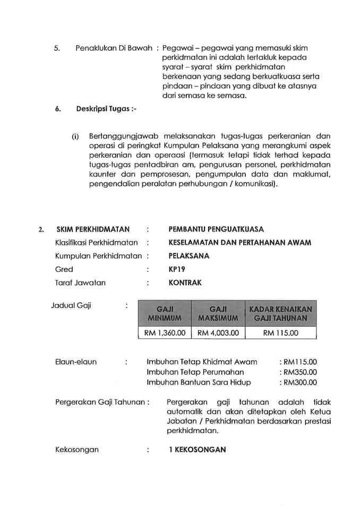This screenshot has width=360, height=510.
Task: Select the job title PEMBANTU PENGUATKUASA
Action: tap(216, 229)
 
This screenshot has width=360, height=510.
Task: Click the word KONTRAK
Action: tap(185, 283)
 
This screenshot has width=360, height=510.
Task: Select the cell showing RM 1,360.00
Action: tap(165, 333)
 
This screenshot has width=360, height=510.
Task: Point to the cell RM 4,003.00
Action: tap(218, 333)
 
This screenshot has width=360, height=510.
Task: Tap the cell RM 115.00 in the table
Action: tap(280, 333)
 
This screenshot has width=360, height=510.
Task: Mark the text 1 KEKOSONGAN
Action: tap(197, 449)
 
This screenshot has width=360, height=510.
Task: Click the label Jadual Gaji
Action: tap(71, 305)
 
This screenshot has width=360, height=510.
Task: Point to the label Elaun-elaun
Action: tap(76, 362)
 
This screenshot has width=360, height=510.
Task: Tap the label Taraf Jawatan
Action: tap(80, 283)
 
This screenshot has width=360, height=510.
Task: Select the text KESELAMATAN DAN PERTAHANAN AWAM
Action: tap(239, 243)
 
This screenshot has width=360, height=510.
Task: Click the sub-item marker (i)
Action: tap(75, 136)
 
